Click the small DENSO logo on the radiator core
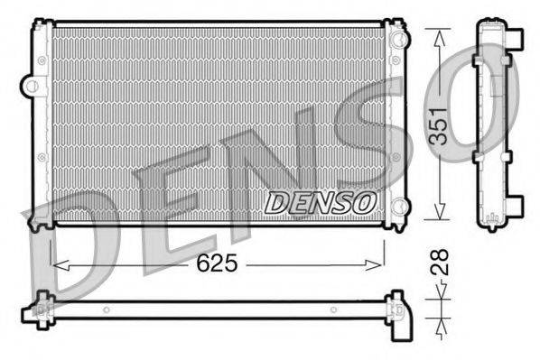(318, 203)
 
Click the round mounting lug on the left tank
(32, 88)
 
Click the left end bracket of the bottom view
(42, 308)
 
